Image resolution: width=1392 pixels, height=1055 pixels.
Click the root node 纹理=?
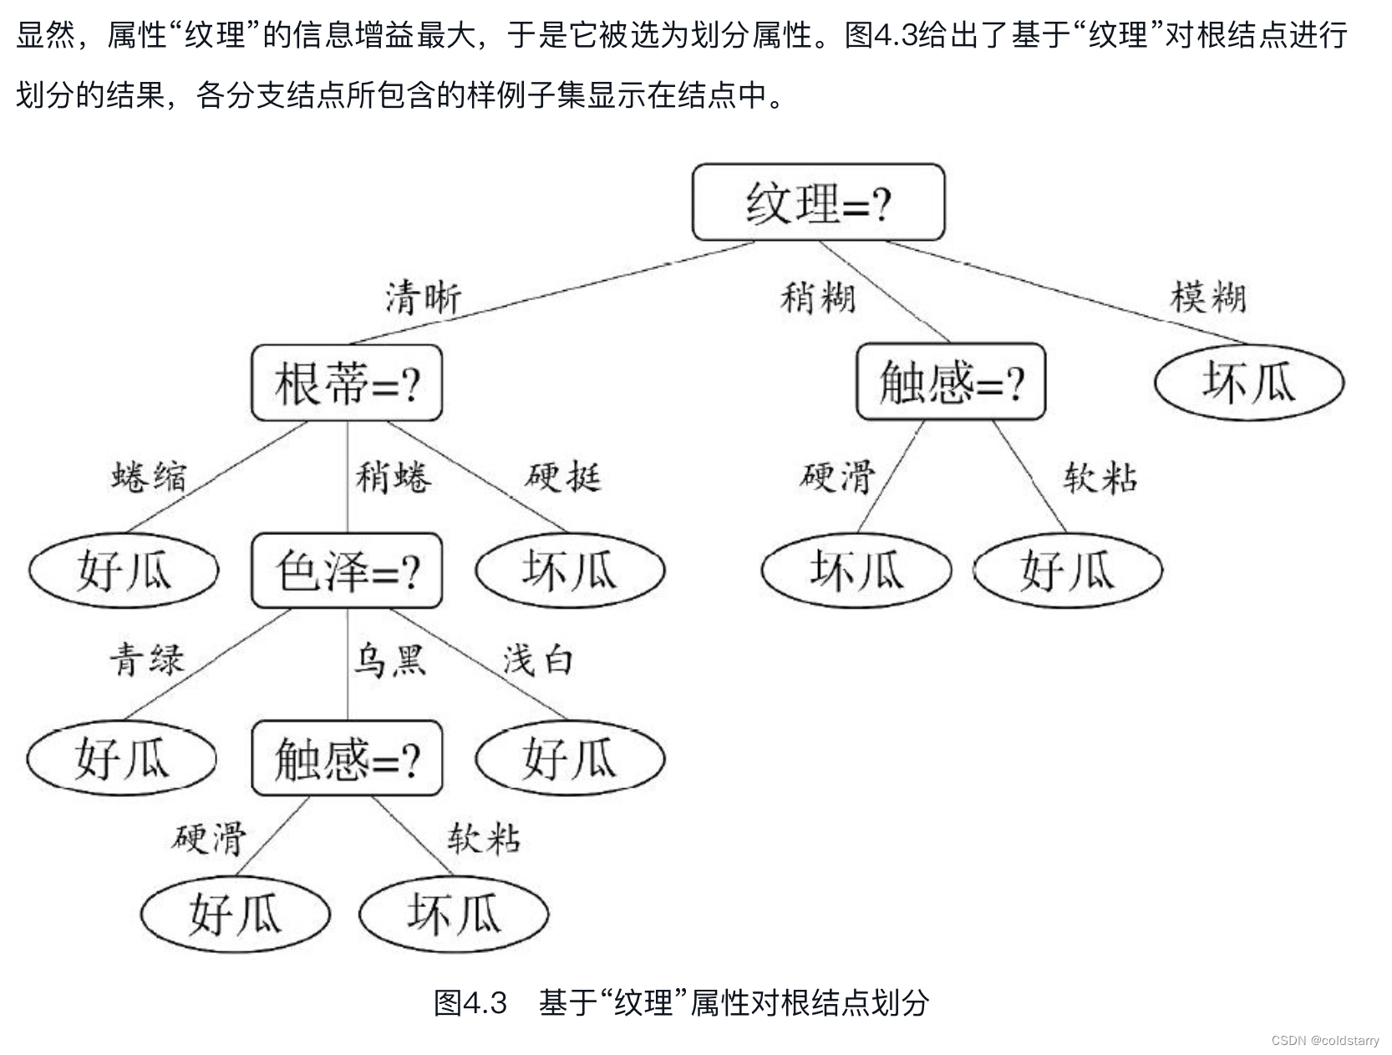pyautogui.click(x=818, y=202)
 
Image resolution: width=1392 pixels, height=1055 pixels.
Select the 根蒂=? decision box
pyautogui.click(x=347, y=383)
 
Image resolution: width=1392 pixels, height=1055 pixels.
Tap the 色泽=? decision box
pyautogui.click(x=347, y=571)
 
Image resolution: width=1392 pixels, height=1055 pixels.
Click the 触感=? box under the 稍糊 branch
pyautogui.click(x=951, y=382)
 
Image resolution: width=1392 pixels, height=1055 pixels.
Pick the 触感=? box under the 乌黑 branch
pyautogui.click(x=347, y=758)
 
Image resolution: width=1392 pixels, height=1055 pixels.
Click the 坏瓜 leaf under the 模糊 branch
pyautogui.click(x=1248, y=382)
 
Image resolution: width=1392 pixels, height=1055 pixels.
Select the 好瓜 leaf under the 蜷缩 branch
pyautogui.click(x=124, y=571)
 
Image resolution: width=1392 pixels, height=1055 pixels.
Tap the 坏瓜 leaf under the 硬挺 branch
pyautogui.click(x=570, y=571)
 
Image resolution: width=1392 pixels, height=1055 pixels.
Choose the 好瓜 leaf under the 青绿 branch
pyautogui.click(x=122, y=758)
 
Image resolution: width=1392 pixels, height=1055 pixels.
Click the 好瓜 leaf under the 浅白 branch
pyautogui.click(x=570, y=758)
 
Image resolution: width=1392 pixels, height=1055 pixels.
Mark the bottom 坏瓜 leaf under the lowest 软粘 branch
pyautogui.click(x=454, y=913)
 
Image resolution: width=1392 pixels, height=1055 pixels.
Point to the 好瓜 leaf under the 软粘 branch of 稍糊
pyautogui.click(x=1068, y=571)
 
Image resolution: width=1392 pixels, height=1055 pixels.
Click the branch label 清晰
pyautogui.click(x=423, y=298)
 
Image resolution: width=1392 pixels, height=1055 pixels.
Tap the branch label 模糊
pyautogui.click(x=1208, y=298)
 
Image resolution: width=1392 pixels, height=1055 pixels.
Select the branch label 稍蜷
pyautogui.click(x=394, y=477)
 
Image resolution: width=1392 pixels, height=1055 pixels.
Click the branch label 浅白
pyautogui.click(x=538, y=660)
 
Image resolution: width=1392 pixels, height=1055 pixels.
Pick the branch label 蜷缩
pyautogui.click(x=149, y=477)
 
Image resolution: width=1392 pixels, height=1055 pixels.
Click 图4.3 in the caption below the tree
pyautogui.click(x=470, y=1002)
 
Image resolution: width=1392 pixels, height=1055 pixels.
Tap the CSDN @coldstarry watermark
pyautogui.click(x=1325, y=1041)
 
